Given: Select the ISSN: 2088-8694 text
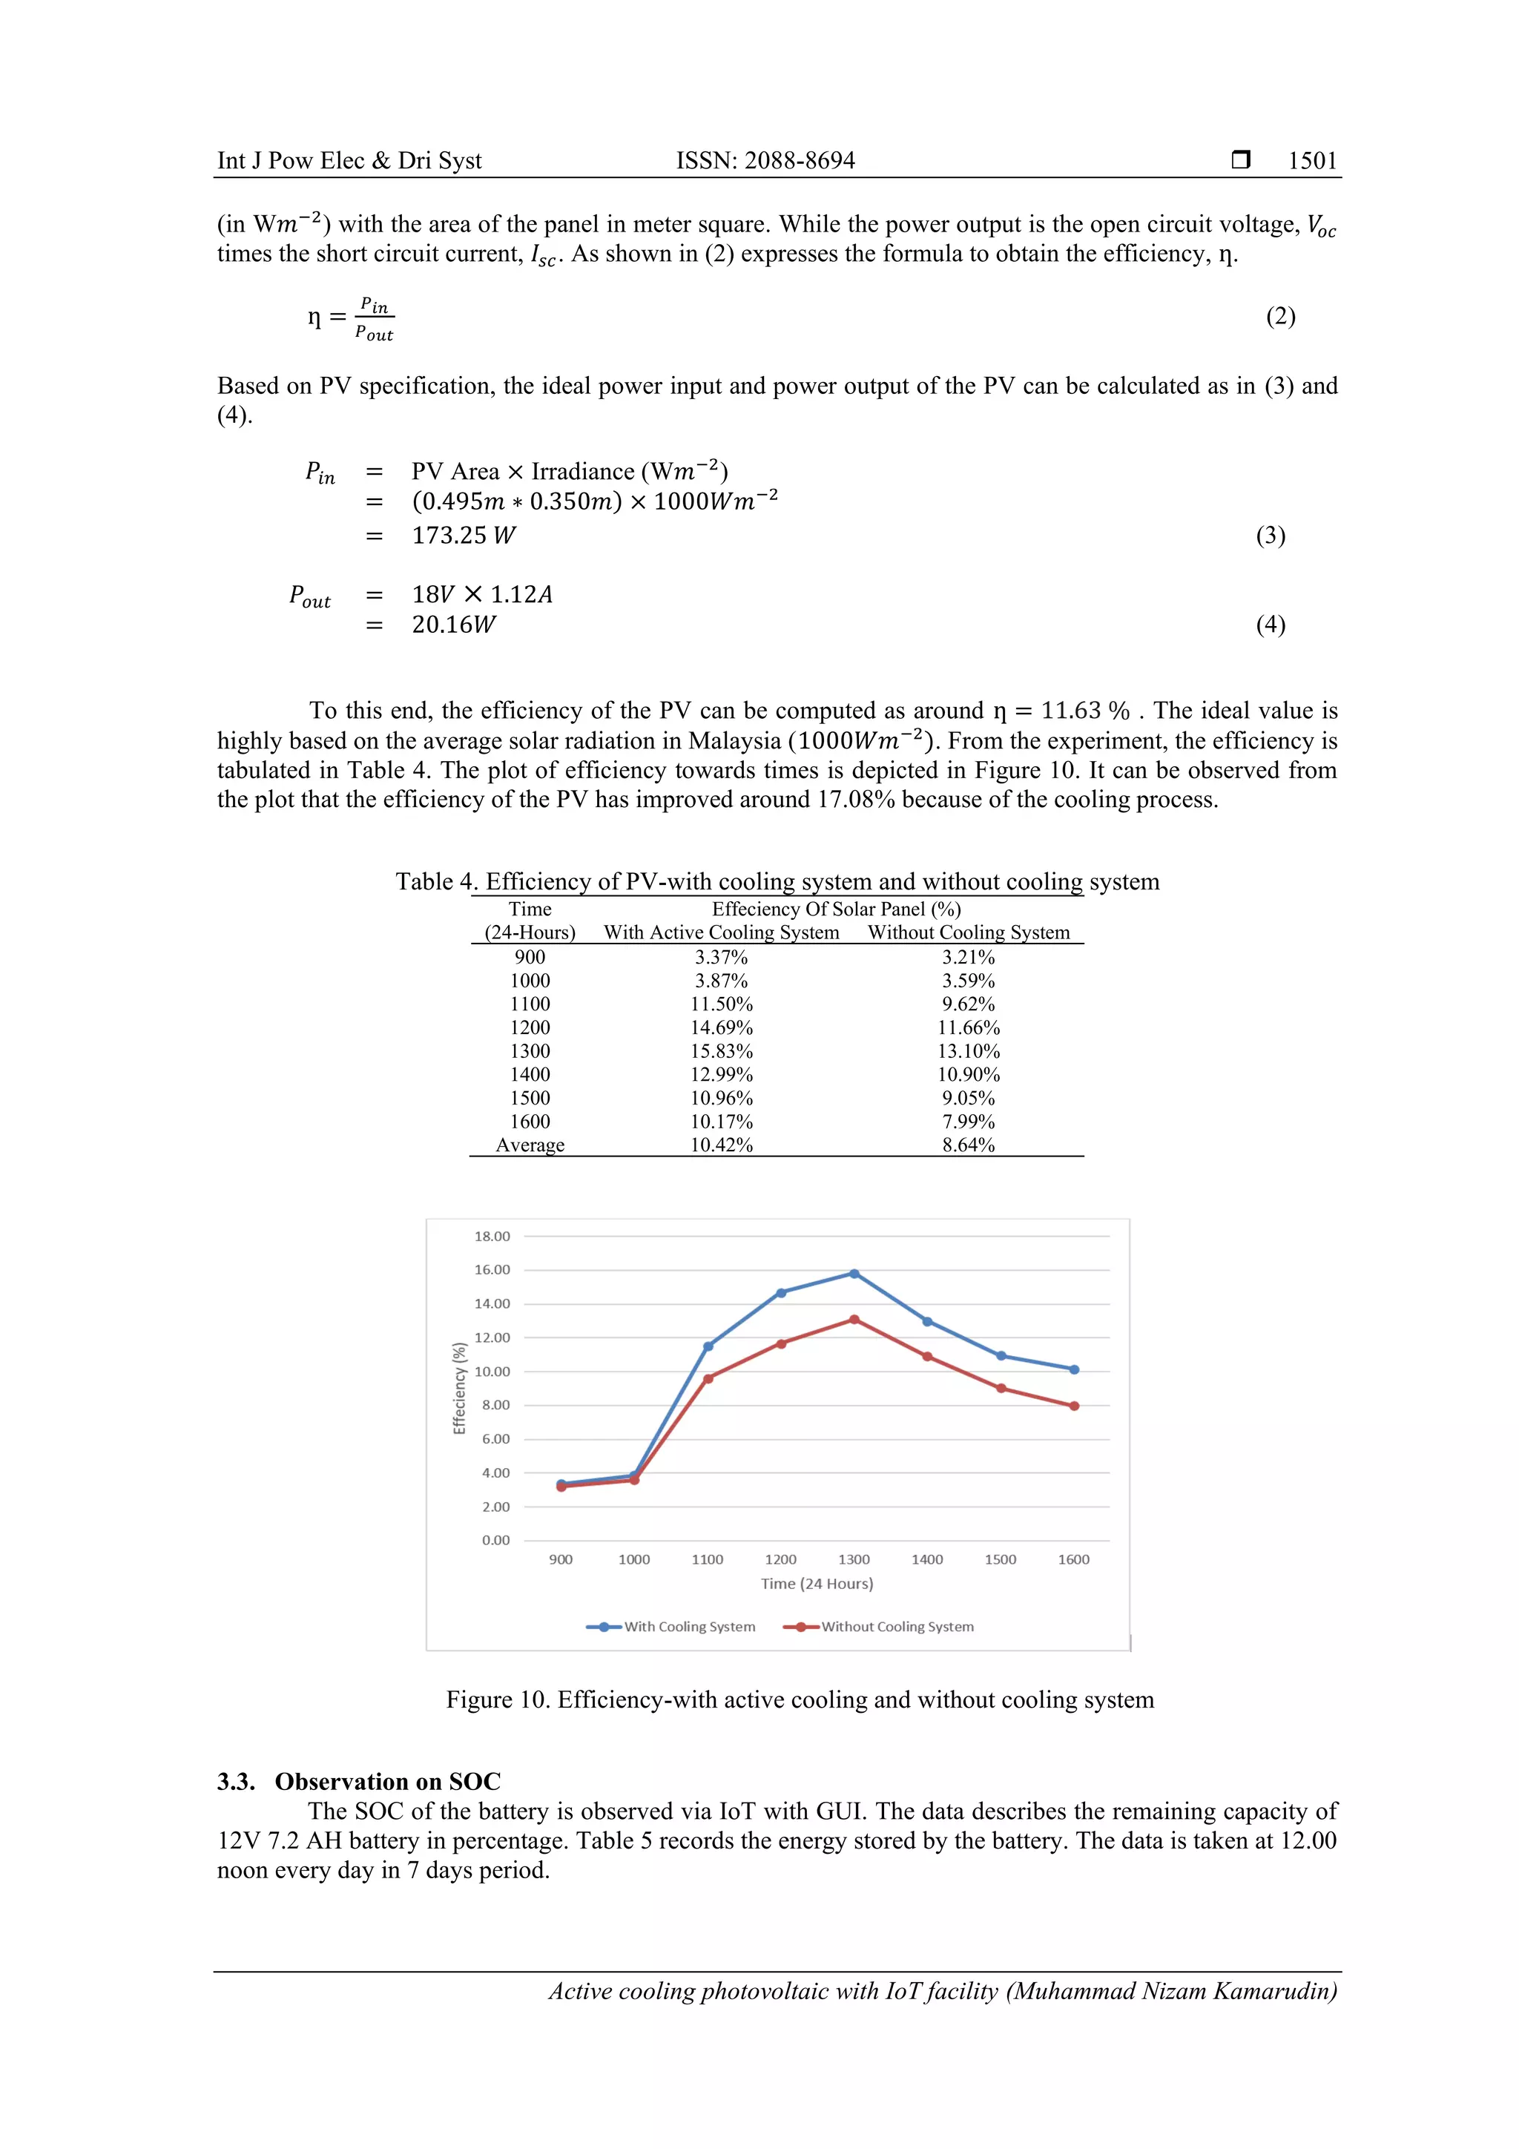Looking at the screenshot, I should [x=765, y=160].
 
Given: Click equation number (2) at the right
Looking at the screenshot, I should [x=1279, y=316].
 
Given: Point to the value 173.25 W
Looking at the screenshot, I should [x=464, y=536].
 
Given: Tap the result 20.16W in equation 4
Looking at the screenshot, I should [x=453, y=625].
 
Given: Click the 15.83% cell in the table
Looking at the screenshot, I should [x=721, y=1051].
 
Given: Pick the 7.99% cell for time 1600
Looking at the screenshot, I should [x=968, y=1122].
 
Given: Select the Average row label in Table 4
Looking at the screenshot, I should [x=530, y=1145].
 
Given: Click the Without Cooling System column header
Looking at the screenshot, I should [x=968, y=932].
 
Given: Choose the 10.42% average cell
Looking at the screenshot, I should [x=721, y=1145].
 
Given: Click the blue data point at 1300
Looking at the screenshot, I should [x=854, y=1274].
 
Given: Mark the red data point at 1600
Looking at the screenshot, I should [x=1073, y=1406].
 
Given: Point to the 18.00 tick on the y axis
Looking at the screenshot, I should [x=492, y=1237].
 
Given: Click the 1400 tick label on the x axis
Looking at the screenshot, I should [x=926, y=1559].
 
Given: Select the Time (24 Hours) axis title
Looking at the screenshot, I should [x=816, y=1584].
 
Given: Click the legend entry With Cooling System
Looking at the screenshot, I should [x=689, y=1627].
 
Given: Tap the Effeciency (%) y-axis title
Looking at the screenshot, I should [x=458, y=1388].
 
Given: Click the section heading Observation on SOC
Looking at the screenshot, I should [x=386, y=1781].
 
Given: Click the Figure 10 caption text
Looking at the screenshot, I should [x=800, y=1699].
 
